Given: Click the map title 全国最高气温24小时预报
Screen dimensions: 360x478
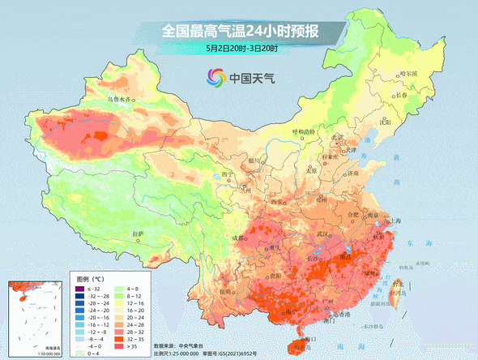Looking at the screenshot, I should (240, 32).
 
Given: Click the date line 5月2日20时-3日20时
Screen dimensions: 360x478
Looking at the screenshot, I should (241, 49).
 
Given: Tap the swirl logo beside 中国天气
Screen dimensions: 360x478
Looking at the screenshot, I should (216, 79).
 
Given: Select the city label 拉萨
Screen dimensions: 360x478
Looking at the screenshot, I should (137, 234).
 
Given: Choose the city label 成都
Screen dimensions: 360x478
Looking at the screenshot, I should (236, 238).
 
